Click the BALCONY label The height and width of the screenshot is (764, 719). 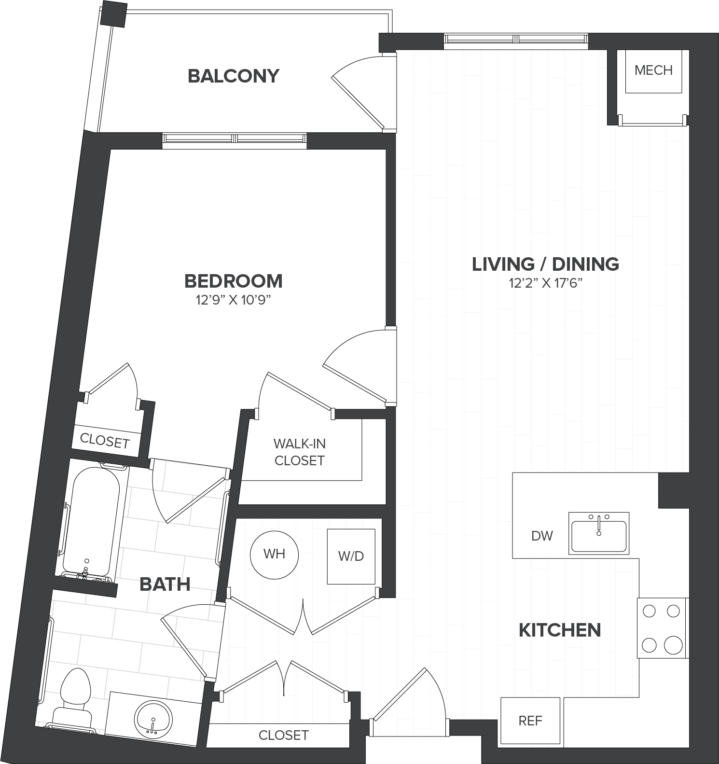(x=234, y=76)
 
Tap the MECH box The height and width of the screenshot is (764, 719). (x=653, y=70)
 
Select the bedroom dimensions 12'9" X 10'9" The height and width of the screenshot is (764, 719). (x=233, y=300)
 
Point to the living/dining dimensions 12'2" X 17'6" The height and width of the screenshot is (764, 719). (x=546, y=283)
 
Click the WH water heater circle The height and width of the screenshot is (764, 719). (x=274, y=554)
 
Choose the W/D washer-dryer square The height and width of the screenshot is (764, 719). (x=351, y=556)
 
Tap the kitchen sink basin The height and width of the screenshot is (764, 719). (x=599, y=536)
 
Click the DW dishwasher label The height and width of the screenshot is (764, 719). (x=542, y=536)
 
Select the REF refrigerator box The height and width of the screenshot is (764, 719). (x=530, y=721)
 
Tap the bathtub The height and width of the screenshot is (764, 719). (x=89, y=521)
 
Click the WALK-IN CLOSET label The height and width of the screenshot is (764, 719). (x=299, y=452)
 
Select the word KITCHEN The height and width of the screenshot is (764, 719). (x=560, y=630)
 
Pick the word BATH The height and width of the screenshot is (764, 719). (x=165, y=584)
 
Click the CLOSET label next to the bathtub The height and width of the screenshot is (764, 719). (x=105, y=441)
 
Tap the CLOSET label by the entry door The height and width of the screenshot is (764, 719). (x=283, y=735)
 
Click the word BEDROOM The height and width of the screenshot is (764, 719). (x=234, y=281)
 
